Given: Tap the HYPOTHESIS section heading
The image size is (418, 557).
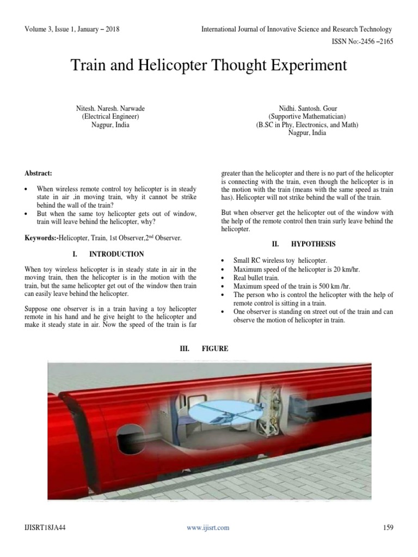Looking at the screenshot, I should click(312, 244).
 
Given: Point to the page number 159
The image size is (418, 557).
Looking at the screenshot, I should click(387, 527).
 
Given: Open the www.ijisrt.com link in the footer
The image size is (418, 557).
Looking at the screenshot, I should click(209, 527).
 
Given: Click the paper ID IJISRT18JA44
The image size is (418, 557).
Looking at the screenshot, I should click(45, 527).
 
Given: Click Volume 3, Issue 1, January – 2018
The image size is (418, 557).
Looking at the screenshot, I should click(71, 29).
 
